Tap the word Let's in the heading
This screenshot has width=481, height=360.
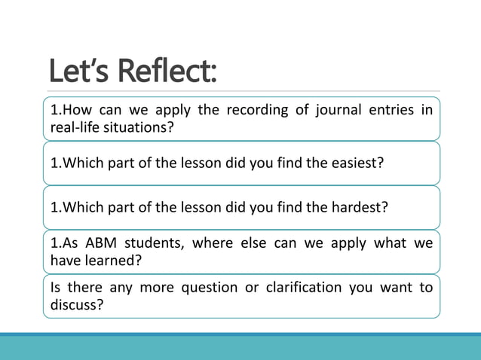(79, 71)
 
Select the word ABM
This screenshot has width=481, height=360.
(98, 243)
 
